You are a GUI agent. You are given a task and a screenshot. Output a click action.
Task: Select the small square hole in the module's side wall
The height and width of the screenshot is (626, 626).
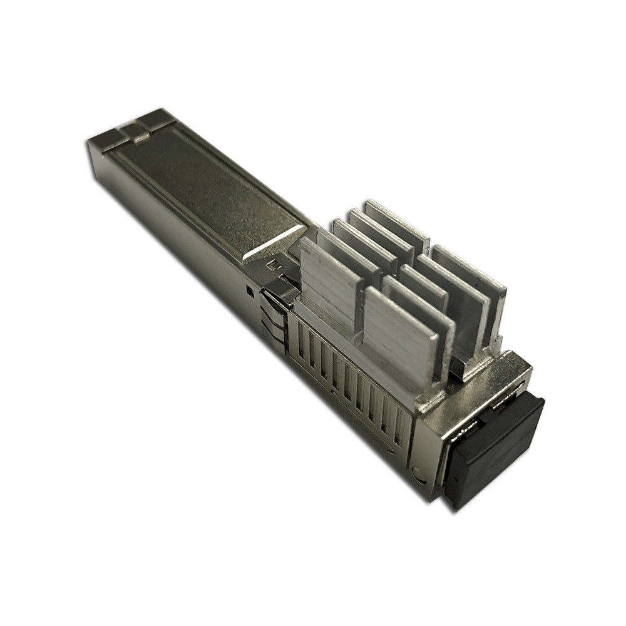[250, 290]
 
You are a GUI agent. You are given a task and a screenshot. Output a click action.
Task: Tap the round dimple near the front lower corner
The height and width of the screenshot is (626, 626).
[418, 470]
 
